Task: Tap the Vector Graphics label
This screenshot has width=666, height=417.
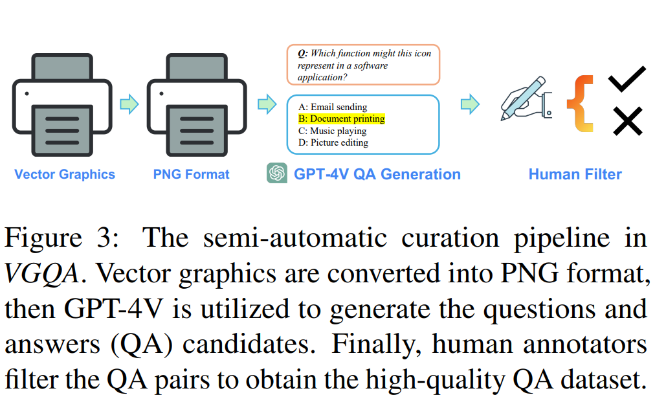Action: tap(65, 174)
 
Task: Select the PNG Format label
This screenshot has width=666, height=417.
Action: tap(192, 174)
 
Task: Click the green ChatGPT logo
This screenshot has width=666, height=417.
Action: tap(277, 174)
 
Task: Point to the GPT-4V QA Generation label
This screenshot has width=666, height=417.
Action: tap(377, 174)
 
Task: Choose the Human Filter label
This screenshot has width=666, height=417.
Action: tap(575, 174)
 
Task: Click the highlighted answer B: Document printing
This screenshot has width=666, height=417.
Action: tap(342, 119)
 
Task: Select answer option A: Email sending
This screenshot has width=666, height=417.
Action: tap(333, 107)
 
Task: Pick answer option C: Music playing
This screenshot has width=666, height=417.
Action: tap(333, 131)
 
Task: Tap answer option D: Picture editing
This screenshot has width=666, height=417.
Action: tap(333, 142)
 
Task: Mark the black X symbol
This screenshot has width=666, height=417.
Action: tap(627, 121)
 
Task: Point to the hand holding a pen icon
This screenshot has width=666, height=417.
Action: tap(526, 100)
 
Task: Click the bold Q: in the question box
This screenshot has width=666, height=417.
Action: tap(302, 53)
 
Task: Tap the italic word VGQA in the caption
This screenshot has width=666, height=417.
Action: tap(42, 275)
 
